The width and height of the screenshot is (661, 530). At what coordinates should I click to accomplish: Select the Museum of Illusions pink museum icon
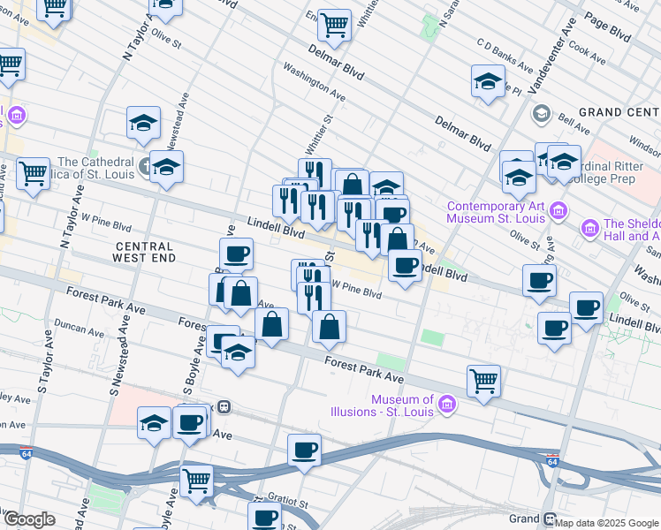[448, 405]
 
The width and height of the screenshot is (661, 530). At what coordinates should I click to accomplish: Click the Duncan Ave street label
[79, 329]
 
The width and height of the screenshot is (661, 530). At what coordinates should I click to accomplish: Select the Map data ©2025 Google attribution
[605, 523]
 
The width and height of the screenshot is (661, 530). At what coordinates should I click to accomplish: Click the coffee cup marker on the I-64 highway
[304, 450]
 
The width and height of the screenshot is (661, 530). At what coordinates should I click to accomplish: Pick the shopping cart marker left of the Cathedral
[33, 173]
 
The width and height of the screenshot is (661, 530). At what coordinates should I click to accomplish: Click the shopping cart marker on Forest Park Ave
[483, 381]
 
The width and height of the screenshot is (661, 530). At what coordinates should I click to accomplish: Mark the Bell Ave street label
[566, 115]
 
